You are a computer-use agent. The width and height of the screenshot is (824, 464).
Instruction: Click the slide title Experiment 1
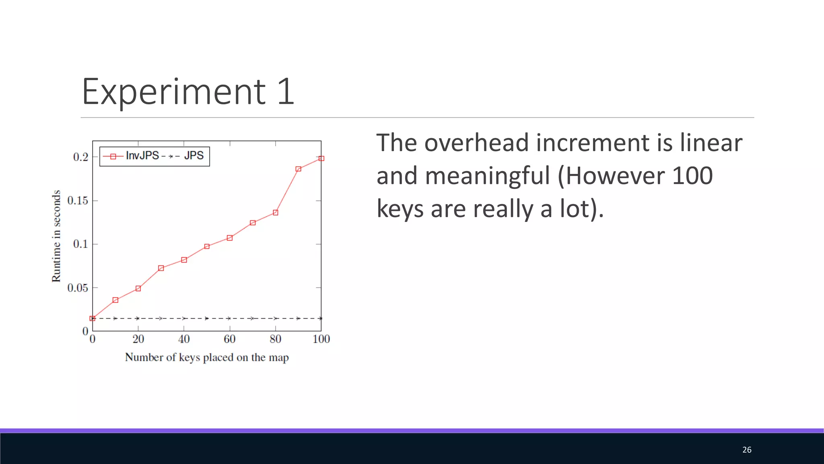coord(188,92)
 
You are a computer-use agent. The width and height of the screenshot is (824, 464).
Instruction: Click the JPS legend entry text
coord(194,155)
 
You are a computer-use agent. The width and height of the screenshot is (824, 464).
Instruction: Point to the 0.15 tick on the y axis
coord(78,201)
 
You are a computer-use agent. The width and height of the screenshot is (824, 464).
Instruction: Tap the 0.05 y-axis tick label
coord(78,288)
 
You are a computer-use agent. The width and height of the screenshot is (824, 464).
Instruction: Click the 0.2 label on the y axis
coord(80,157)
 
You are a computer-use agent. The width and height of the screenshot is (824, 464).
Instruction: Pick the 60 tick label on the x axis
coord(230,339)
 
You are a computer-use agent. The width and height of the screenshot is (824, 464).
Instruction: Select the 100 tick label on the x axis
coord(321,339)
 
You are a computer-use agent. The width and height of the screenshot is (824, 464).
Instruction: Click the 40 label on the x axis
coord(184,339)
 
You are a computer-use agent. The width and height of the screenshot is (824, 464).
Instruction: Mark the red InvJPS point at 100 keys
coord(321,158)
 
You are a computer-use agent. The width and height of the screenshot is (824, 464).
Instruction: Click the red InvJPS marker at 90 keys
coord(298,169)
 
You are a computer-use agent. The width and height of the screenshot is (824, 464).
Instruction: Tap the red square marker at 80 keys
coord(276,212)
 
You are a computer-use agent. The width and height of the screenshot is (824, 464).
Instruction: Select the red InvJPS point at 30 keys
coord(161,268)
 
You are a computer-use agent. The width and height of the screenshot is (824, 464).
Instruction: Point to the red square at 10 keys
coord(115,300)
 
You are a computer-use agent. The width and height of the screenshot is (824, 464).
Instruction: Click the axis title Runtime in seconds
coord(56,236)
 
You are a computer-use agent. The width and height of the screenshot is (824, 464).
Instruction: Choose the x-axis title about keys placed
coord(207,358)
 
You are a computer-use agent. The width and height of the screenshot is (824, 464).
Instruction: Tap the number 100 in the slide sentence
coord(692,176)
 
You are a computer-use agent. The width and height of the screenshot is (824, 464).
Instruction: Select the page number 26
coord(747,450)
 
